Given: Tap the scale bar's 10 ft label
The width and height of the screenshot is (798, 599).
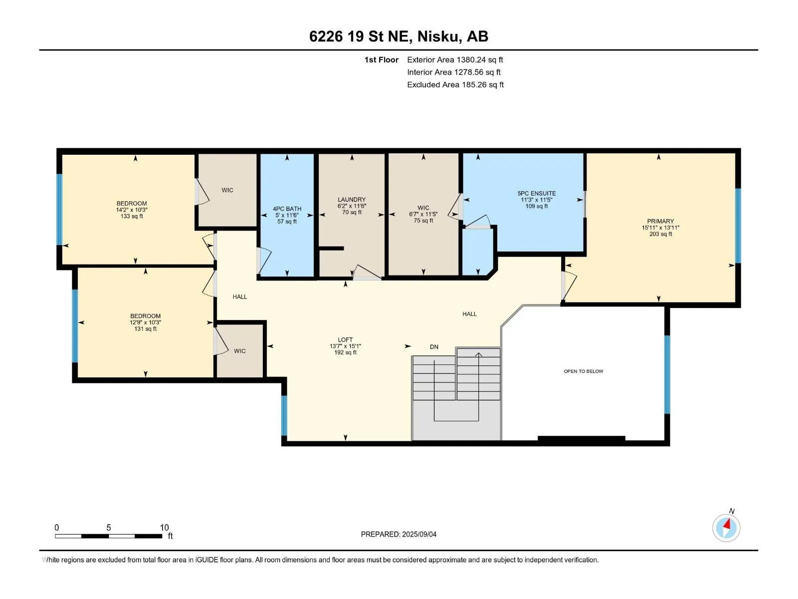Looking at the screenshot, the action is click(164, 527).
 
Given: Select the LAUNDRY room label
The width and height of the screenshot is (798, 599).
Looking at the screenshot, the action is click(352, 199).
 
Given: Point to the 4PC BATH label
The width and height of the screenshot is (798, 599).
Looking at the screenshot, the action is click(287, 209).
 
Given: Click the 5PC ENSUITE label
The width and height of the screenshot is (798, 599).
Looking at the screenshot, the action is click(537, 194).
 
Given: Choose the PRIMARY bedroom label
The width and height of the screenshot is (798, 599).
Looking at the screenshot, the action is click(660, 221).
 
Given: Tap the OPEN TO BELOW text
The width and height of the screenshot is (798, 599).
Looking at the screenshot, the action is click(583, 371).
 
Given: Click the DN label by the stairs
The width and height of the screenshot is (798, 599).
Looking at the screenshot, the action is click(434, 347).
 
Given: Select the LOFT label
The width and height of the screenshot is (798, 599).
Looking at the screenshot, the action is click(345, 340).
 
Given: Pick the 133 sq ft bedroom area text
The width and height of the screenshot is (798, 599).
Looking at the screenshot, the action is click(132, 217).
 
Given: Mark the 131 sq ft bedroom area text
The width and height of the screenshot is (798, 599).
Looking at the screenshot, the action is click(146, 329).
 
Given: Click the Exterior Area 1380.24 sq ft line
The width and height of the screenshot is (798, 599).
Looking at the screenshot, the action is click(455, 59).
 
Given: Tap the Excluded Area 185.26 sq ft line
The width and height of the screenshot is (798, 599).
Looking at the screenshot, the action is click(455, 85).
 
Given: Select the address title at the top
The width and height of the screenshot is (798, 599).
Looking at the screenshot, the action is click(399, 36).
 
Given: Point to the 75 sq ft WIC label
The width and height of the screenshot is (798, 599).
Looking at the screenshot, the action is click(423, 221).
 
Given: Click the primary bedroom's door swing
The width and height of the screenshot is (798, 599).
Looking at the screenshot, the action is click(570, 286).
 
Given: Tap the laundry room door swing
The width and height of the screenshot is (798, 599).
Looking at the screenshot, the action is click(367, 272).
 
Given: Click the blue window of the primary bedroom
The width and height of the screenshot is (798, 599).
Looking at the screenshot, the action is click(738, 226).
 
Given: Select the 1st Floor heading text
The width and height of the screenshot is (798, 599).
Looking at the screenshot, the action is click(382, 59).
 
